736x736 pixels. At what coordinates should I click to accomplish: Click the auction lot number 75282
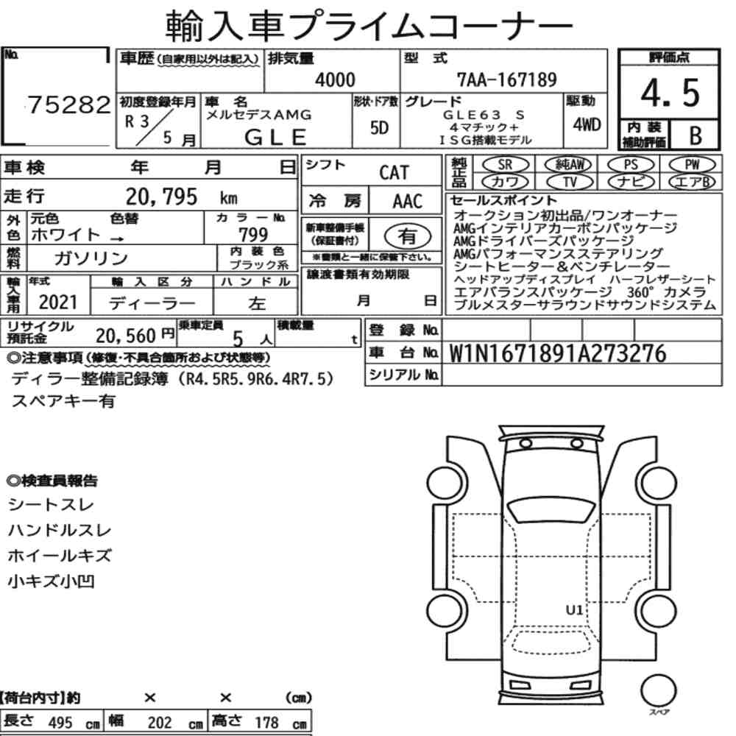click(x=69, y=105)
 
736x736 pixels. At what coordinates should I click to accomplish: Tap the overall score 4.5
click(x=670, y=93)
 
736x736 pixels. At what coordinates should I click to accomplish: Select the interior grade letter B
click(x=696, y=135)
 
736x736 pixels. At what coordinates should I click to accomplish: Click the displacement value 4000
click(x=335, y=79)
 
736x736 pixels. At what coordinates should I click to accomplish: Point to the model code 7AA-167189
click(x=506, y=79)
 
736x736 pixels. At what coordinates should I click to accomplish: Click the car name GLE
click(x=275, y=138)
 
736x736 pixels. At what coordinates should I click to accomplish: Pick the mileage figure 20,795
click(x=161, y=197)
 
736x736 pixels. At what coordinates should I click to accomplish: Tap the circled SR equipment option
click(x=505, y=164)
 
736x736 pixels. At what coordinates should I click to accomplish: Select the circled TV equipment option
click(x=570, y=182)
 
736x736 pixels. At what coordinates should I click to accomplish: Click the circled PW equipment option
click(x=692, y=164)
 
